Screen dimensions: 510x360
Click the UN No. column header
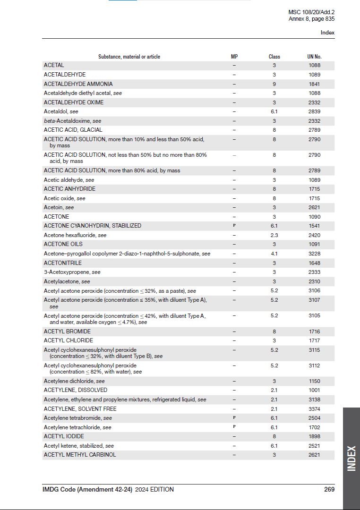[x=314, y=57]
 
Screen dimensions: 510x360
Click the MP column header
[x=234, y=57]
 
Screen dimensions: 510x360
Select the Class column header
[x=274, y=57]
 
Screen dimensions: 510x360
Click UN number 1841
[x=314, y=84]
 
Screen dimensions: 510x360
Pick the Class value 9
[x=274, y=84]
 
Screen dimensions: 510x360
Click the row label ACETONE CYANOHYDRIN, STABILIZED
[x=93, y=226]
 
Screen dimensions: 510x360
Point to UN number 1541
[x=314, y=226]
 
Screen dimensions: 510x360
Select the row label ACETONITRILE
[x=63, y=263]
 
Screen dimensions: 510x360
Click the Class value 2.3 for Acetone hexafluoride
[x=274, y=235]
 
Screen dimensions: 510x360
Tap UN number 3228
[x=314, y=254]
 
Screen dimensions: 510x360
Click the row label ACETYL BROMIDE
[x=67, y=331]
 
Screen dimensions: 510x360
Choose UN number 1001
[x=314, y=390]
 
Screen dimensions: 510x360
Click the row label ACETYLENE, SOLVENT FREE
[x=80, y=409]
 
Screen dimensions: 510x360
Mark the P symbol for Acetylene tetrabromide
[x=234, y=418]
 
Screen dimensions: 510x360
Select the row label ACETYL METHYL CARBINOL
[x=80, y=455]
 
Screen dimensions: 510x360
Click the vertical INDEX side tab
[x=351, y=458]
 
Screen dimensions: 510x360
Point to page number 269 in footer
[x=329, y=490]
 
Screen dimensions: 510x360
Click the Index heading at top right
[x=327, y=33]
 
